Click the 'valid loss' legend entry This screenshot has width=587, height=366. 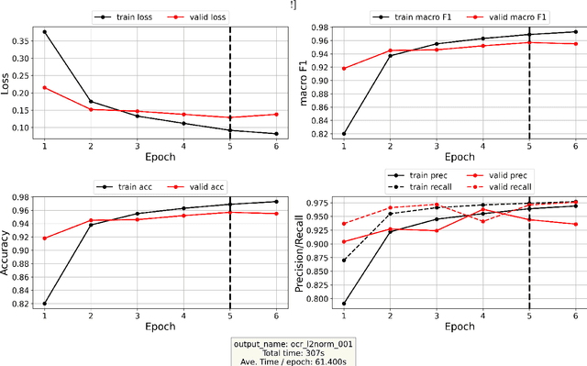pyautogui.click(x=202, y=17)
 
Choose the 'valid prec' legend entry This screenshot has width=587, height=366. pyautogui.click(x=516, y=173)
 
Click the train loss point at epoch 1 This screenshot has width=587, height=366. pyautogui.click(x=44, y=32)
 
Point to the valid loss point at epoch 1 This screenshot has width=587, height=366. pyautogui.click(x=44, y=87)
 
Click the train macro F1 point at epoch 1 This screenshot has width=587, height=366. pyautogui.click(x=344, y=134)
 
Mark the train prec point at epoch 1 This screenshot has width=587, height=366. pyautogui.click(x=344, y=304)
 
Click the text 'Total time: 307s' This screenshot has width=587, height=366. pyautogui.click(x=293, y=351)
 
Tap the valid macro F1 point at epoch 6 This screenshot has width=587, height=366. pyautogui.click(x=575, y=44)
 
